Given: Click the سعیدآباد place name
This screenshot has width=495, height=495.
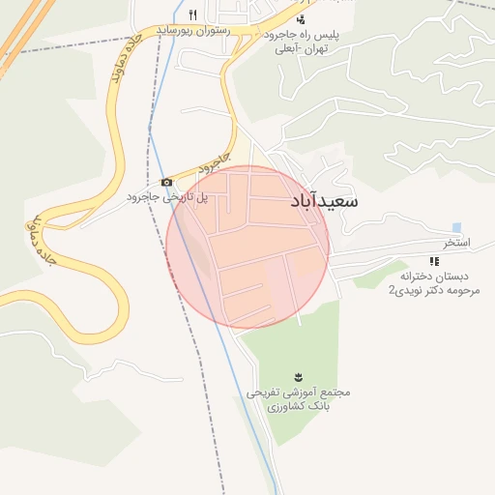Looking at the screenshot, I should point(323,202).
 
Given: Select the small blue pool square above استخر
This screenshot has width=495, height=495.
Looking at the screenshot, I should point(456,227).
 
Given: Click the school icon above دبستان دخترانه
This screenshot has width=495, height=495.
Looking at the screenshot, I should point(433,261).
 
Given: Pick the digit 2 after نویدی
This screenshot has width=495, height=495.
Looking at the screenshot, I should point(392,289).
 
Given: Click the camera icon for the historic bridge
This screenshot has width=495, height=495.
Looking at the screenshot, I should point(166,182).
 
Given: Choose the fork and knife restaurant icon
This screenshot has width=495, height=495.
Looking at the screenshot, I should point(193,15).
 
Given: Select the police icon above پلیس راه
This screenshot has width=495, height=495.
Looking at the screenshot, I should point(302,18).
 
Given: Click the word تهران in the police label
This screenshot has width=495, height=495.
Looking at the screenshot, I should point(314,48).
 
